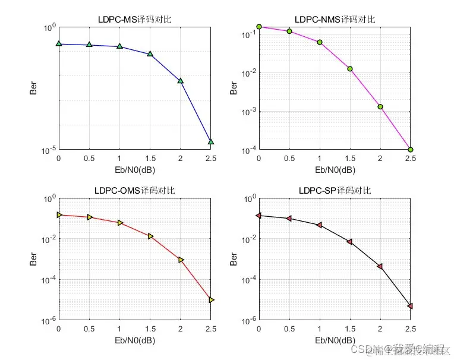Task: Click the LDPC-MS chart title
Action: (x=134, y=19)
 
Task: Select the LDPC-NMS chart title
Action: (x=335, y=19)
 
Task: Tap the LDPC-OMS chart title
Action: (x=134, y=190)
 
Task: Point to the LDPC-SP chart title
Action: (x=335, y=190)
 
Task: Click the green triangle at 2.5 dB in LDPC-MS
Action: (x=211, y=142)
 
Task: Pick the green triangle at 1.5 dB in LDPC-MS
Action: (x=150, y=54)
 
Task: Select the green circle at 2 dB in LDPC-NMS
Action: (x=380, y=107)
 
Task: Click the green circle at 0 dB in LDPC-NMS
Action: (x=259, y=27)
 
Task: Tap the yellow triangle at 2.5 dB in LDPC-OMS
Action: (x=211, y=300)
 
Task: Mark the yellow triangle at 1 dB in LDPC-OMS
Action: (x=119, y=223)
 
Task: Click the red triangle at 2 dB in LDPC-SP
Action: (x=380, y=266)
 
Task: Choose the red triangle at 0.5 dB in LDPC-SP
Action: (x=289, y=219)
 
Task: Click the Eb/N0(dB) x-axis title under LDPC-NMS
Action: (x=335, y=170)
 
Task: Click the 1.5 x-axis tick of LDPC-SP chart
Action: (x=349, y=330)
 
